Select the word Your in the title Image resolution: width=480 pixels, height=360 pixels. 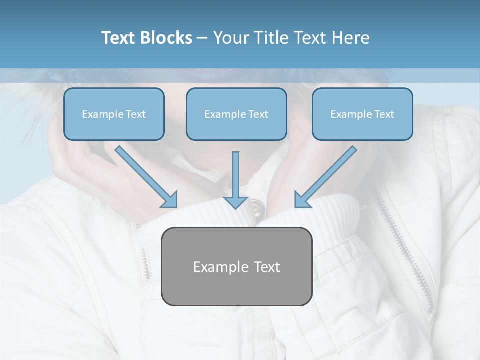[x=231, y=38]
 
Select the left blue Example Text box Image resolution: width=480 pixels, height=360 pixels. [x=114, y=114]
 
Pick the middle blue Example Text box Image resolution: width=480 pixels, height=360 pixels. [x=236, y=114]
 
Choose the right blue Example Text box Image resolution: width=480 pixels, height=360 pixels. [x=362, y=114]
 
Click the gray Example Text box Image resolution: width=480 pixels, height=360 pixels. [x=236, y=266]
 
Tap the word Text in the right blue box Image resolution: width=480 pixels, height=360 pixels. [x=384, y=114]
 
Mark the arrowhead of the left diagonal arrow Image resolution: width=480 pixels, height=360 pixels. [x=170, y=200]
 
